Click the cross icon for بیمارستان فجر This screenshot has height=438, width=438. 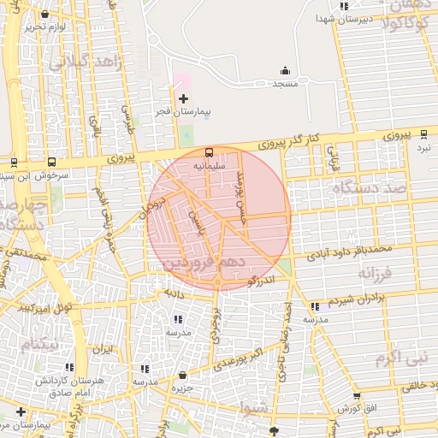[183, 99]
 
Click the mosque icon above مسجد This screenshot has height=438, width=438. [285, 71]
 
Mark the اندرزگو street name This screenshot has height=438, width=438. [260, 280]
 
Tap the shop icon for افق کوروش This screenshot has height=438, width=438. [357, 396]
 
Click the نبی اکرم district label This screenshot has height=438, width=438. [403, 355]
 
